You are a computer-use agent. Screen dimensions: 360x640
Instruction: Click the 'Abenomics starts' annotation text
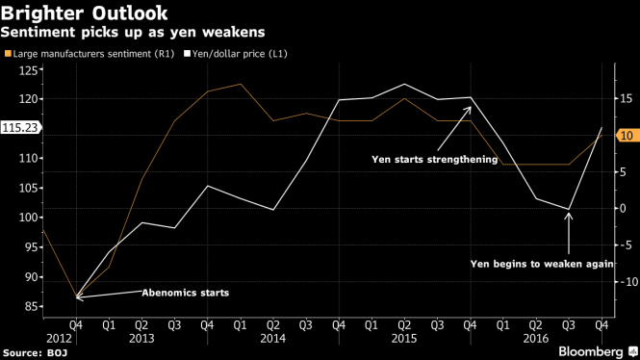[186, 292]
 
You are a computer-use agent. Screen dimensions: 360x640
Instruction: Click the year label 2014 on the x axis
[271, 338]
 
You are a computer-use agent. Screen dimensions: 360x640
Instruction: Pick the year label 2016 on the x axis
[534, 338]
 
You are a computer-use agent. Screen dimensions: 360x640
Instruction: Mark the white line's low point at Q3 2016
[569, 210]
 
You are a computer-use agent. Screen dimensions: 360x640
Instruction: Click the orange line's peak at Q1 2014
[240, 84]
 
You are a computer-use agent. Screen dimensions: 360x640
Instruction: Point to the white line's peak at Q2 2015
[404, 84]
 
